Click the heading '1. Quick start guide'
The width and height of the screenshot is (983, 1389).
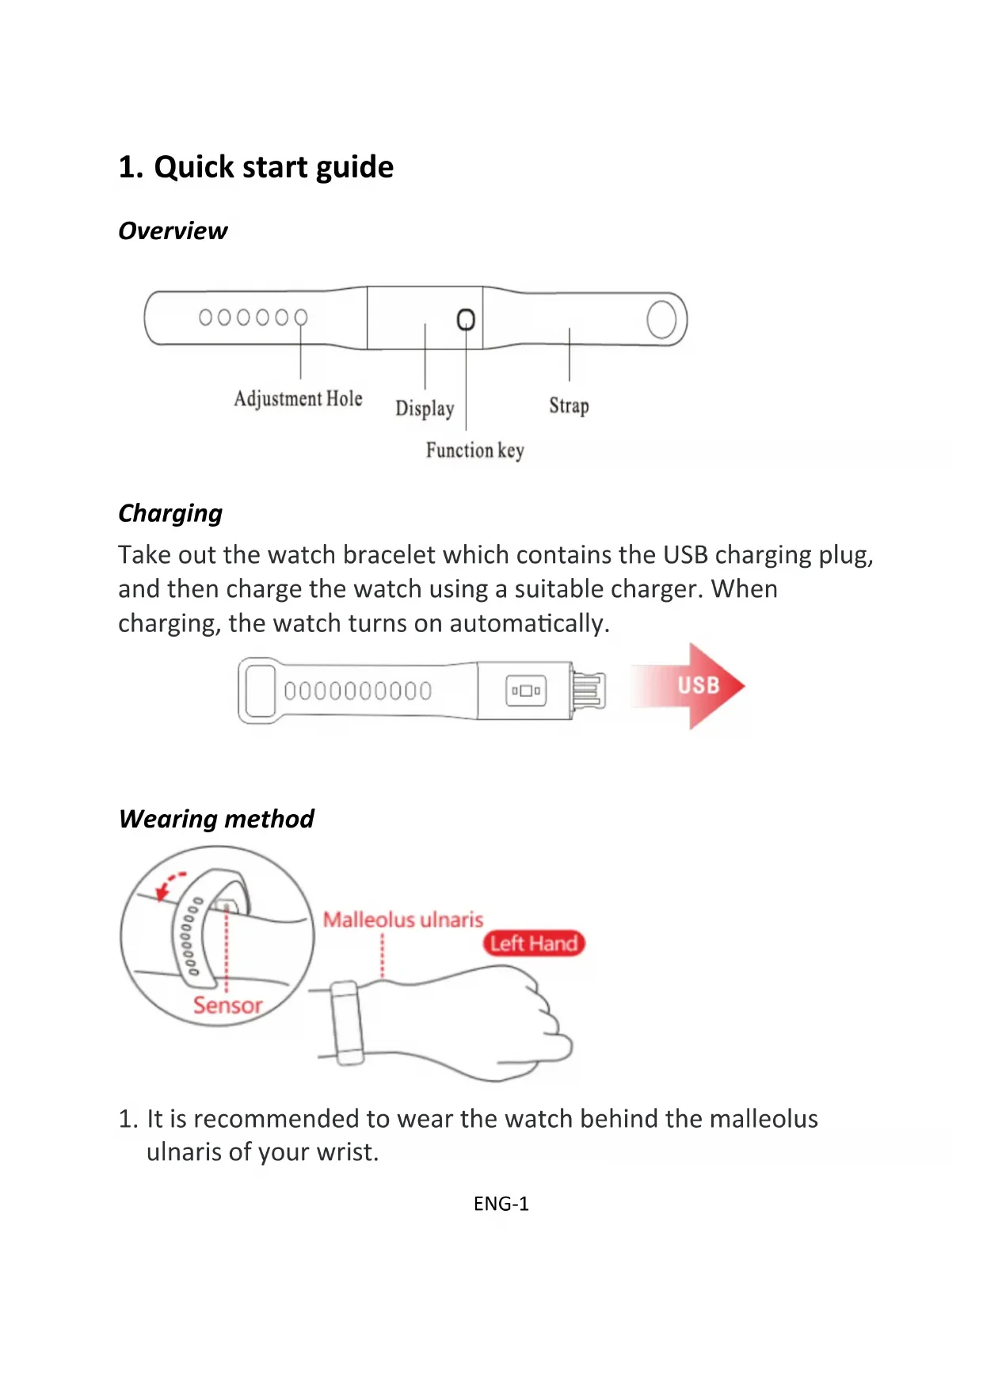256,167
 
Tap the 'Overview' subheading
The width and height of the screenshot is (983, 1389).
173,230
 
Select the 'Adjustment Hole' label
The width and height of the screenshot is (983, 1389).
298,398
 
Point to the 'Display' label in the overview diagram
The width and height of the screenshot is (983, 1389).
425,408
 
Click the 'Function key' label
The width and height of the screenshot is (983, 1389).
474,451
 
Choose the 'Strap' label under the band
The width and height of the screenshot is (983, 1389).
569,405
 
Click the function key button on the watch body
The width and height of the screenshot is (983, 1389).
466,319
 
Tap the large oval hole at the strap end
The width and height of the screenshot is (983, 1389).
661,319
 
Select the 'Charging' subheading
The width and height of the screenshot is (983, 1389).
170,513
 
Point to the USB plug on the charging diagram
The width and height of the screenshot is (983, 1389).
588,691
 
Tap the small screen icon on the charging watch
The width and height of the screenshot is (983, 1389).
526,691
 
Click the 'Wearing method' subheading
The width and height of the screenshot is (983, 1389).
216,818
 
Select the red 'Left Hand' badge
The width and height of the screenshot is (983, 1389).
533,943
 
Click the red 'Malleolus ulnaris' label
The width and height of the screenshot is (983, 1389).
402,919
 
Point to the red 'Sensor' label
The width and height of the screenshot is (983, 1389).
227,1005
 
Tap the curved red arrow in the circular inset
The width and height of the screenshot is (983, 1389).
169,885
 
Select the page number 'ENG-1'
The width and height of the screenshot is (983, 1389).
501,1204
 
